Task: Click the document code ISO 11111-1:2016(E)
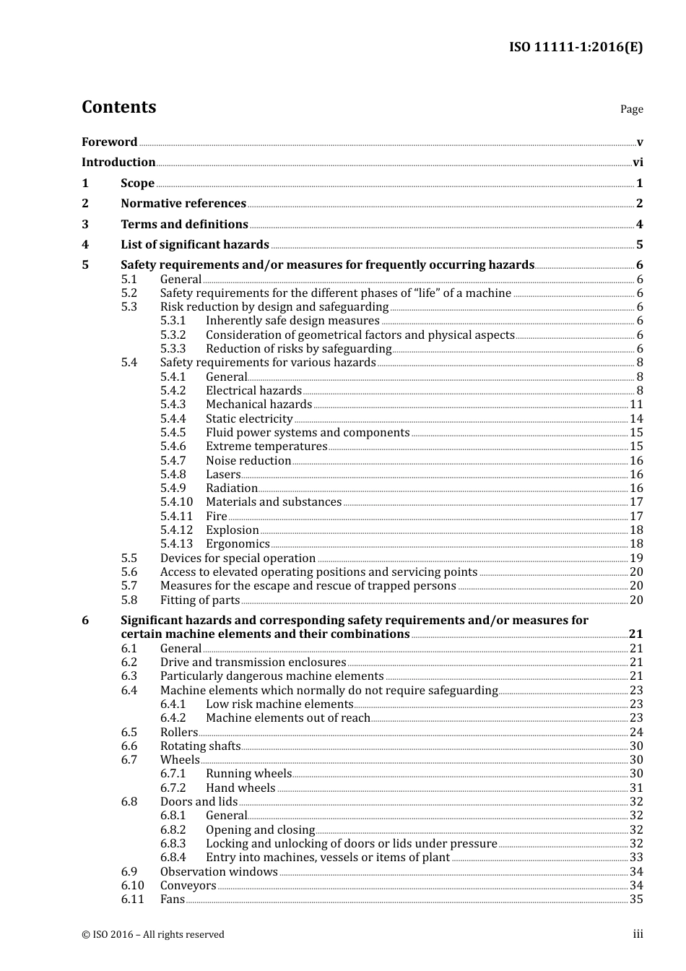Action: pyautogui.click(x=576, y=48)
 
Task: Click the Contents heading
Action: pyautogui.click(x=118, y=107)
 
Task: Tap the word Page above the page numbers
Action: pyautogui.click(x=631, y=109)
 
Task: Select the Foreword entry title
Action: pyautogui.click(x=109, y=142)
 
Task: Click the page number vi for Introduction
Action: pyautogui.click(x=638, y=163)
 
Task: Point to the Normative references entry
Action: pyautogui.click(x=183, y=204)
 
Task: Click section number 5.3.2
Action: pyautogui.click(x=173, y=335)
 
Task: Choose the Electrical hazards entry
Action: pyautogui.click(x=253, y=391)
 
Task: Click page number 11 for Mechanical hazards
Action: pyautogui.click(x=636, y=405)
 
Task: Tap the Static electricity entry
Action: pyautogui.click(x=249, y=419)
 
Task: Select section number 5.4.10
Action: pyautogui.click(x=176, y=502)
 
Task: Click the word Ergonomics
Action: pyautogui.click(x=238, y=544)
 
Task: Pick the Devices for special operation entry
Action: pyautogui.click(x=238, y=558)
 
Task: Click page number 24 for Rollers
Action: pyautogui.click(x=636, y=733)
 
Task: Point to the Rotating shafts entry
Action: pyautogui.click(x=200, y=746)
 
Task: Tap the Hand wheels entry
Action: pyautogui.click(x=240, y=788)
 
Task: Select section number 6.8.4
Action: pyautogui.click(x=173, y=858)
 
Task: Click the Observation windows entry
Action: pyautogui.click(x=219, y=872)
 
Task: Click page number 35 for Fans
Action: pyautogui.click(x=636, y=899)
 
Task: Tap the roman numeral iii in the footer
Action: pyautogui.click(x=638, y=934)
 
